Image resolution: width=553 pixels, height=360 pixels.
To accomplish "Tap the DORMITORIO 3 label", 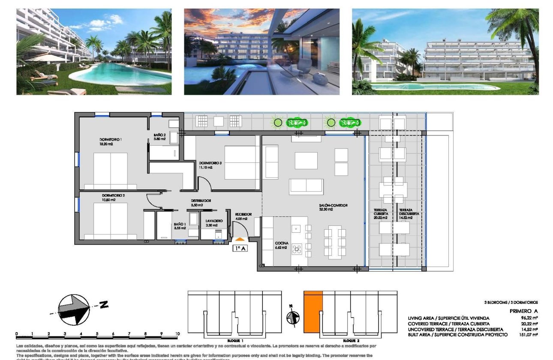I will (210, 163).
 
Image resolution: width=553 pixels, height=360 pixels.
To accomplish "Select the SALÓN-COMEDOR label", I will (333, 205).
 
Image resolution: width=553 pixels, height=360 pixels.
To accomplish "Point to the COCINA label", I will (282, 243).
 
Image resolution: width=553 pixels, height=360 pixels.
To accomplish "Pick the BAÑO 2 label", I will (159, 135).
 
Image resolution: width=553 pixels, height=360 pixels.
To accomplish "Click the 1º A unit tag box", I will (240, 248).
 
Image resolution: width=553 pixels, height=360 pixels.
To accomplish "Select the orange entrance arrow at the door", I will (240, 239).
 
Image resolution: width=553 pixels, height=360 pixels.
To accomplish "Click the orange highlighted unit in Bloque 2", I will (313, 312).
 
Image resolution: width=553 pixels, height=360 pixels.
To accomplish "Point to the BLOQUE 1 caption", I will (235, 339).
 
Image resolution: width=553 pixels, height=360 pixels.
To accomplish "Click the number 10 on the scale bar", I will (177, 333).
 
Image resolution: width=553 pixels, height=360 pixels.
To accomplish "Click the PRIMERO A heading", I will (523, 311).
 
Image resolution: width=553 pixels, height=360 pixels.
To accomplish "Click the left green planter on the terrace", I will (297, 123).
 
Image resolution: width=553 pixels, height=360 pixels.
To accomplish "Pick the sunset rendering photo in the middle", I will (261, 51).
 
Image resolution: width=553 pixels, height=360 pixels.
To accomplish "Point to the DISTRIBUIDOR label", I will (201, 201).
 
